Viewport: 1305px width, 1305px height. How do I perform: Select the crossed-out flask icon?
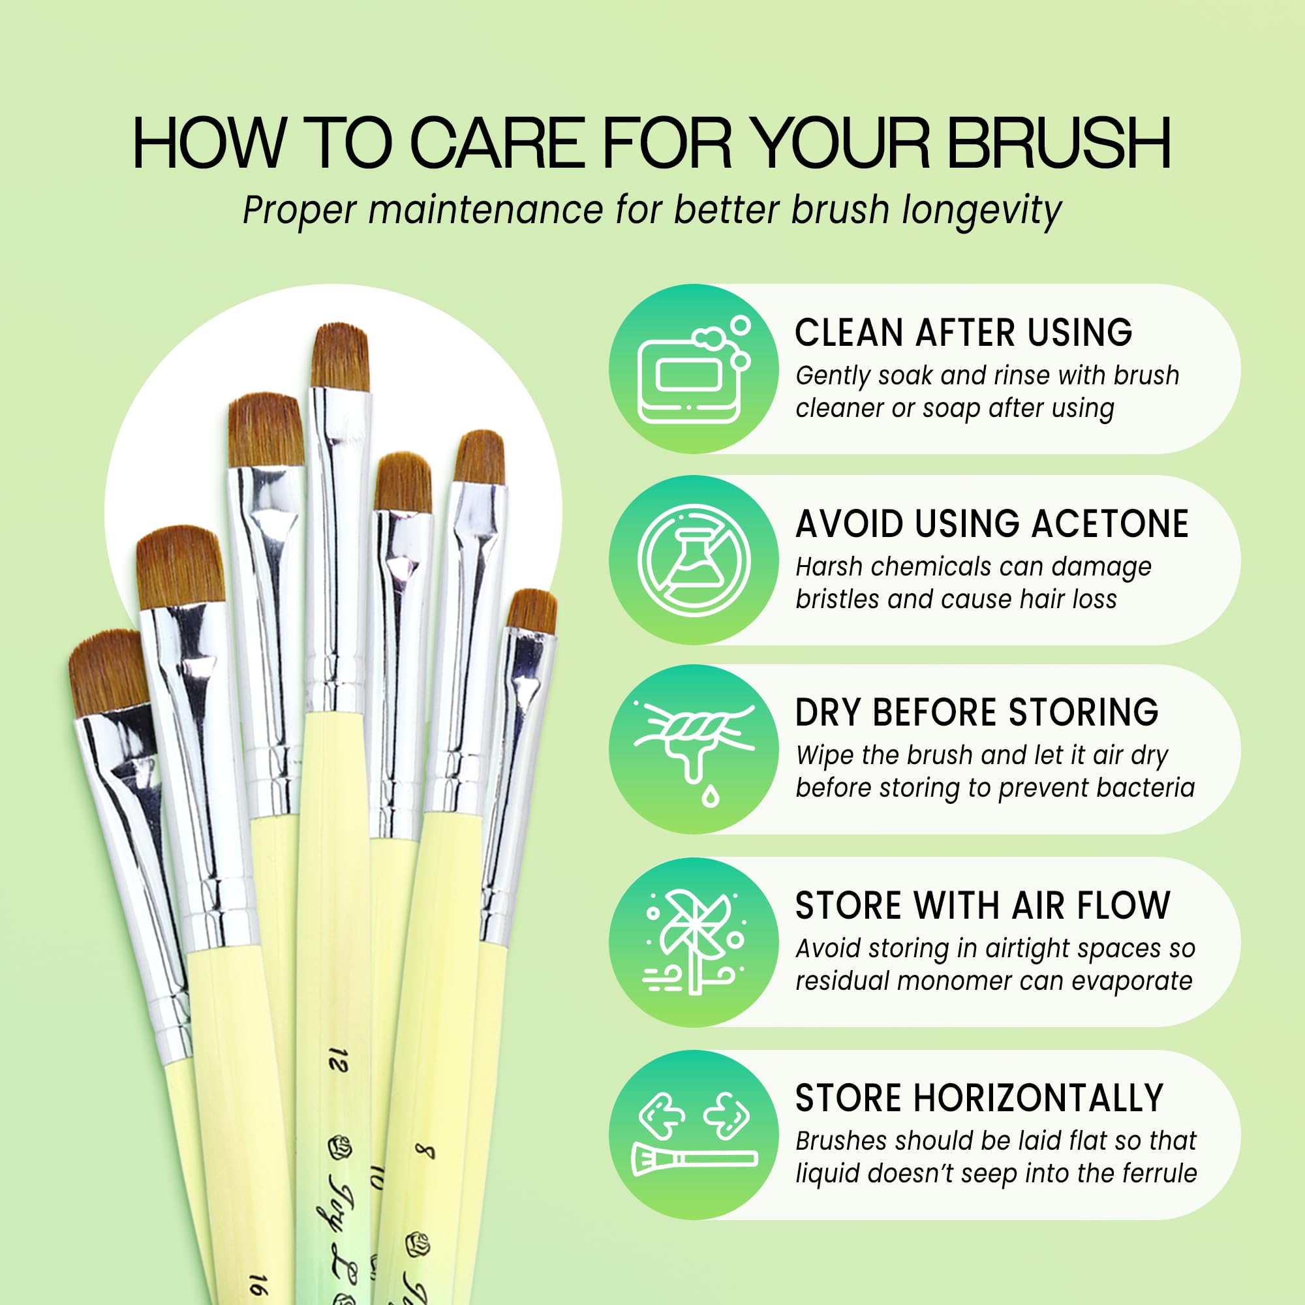click(694, 560)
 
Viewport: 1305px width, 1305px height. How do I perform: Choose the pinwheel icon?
click(694, 943)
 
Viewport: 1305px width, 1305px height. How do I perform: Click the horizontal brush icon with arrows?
click(694, 1135)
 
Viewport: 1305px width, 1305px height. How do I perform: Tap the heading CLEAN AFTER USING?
click(963, 333)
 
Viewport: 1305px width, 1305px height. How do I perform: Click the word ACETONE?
click(1111, 524)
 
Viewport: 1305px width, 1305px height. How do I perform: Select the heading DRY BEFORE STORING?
click(977, 713)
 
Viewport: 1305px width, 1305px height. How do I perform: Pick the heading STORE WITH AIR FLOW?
click(983, 906)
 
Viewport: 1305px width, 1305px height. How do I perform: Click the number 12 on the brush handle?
click(338, 1060)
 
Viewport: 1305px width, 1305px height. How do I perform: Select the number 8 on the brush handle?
click(424, 1152)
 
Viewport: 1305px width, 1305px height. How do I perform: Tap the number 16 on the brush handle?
click(257, 1283)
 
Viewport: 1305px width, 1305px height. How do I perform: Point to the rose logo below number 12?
click(341, 1146)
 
